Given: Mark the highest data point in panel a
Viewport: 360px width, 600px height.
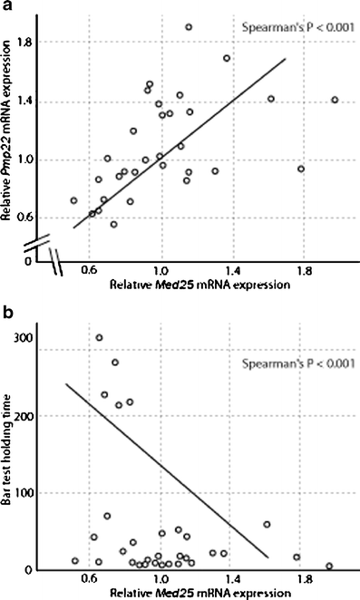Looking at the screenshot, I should pyautogui.click(x=189, y=27).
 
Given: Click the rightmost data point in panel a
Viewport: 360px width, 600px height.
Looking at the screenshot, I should pyautogui.click(x=335, y=100).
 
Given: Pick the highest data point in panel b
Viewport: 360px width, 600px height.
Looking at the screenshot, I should pyautogui.click(x=100, y=338).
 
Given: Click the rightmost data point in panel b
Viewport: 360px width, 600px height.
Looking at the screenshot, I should pyautogui.click(x=329, y=566).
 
